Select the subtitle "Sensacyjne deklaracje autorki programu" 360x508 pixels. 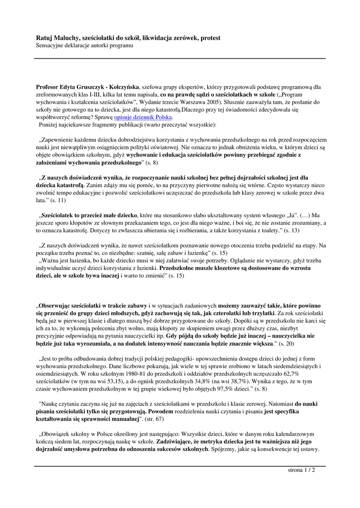point(84,46)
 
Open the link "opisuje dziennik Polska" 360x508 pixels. point(143,117)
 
